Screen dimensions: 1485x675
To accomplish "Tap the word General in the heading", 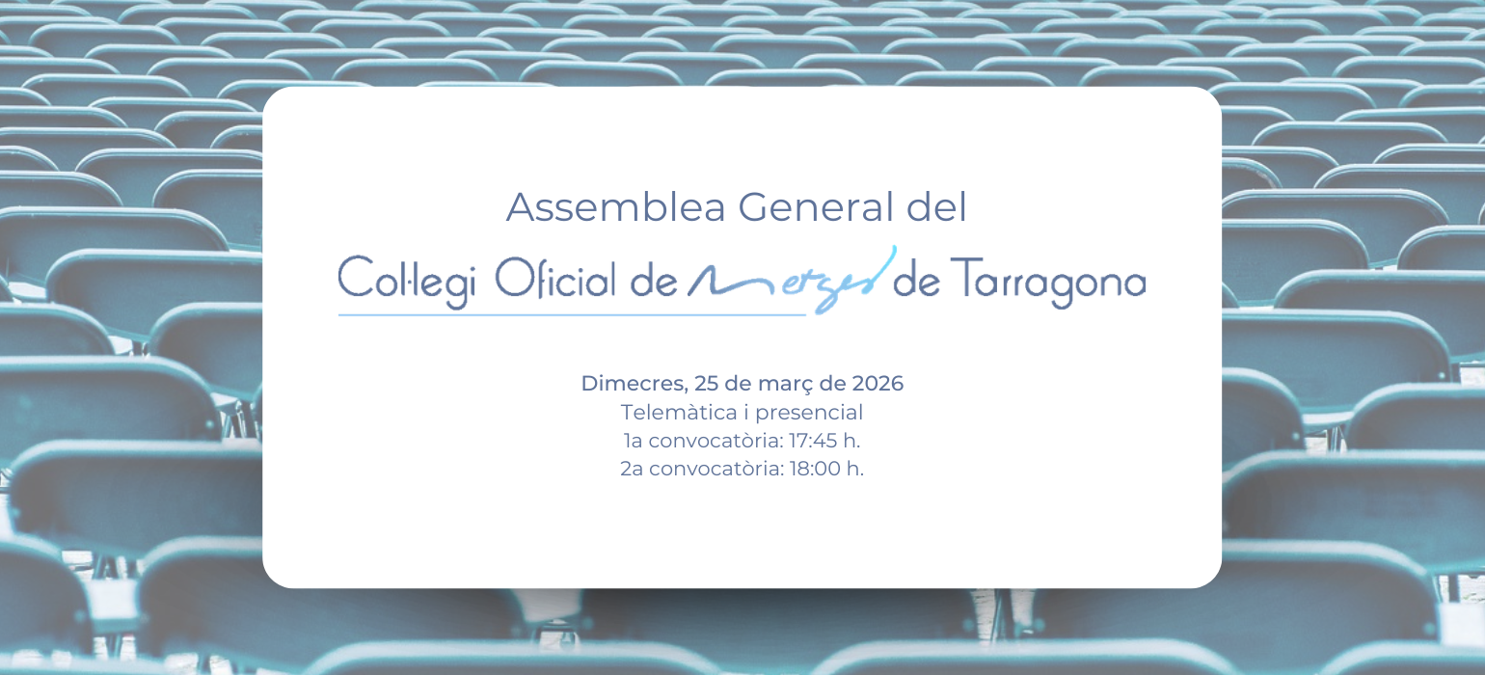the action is pos(816,207).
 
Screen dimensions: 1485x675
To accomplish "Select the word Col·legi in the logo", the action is pos(407,282).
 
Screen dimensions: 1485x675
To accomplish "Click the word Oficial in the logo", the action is pos(561,279).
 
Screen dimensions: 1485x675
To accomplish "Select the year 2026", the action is pos(877,383).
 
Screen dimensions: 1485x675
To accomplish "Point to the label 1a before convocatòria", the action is pos(633,441).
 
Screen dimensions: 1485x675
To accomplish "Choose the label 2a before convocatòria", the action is pos(631,469).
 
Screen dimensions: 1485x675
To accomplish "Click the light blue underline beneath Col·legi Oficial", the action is pos(572,315).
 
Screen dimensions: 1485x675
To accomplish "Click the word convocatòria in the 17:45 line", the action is pos(715,441).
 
